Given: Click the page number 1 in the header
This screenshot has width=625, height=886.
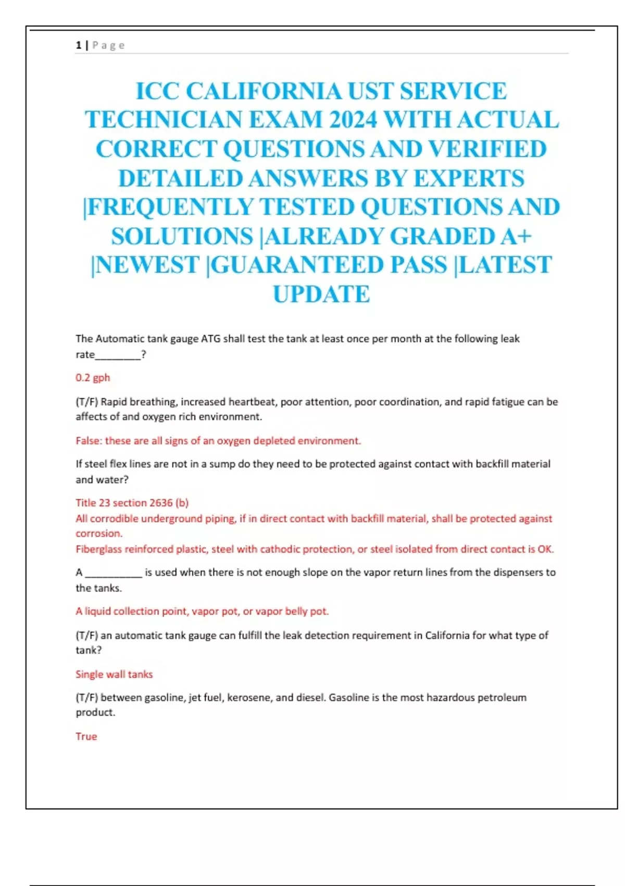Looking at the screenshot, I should point(78,45).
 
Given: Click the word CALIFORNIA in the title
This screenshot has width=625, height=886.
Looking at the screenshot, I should point(264,91).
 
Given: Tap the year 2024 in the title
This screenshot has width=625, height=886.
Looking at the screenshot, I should point(353,120).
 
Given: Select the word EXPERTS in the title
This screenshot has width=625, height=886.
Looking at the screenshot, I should point(469,179).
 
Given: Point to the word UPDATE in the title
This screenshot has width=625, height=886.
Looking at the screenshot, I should point(321,294).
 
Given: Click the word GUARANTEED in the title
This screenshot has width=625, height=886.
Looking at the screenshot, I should point(329,265).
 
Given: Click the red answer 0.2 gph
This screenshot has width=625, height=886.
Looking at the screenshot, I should point(93,377).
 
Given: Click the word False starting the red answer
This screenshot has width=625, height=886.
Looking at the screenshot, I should point(87,441).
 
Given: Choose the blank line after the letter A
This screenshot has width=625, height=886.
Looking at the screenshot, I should point(114,573).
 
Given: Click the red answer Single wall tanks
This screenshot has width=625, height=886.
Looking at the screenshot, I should point(114,674).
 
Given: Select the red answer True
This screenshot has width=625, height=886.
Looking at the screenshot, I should point(86,736).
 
